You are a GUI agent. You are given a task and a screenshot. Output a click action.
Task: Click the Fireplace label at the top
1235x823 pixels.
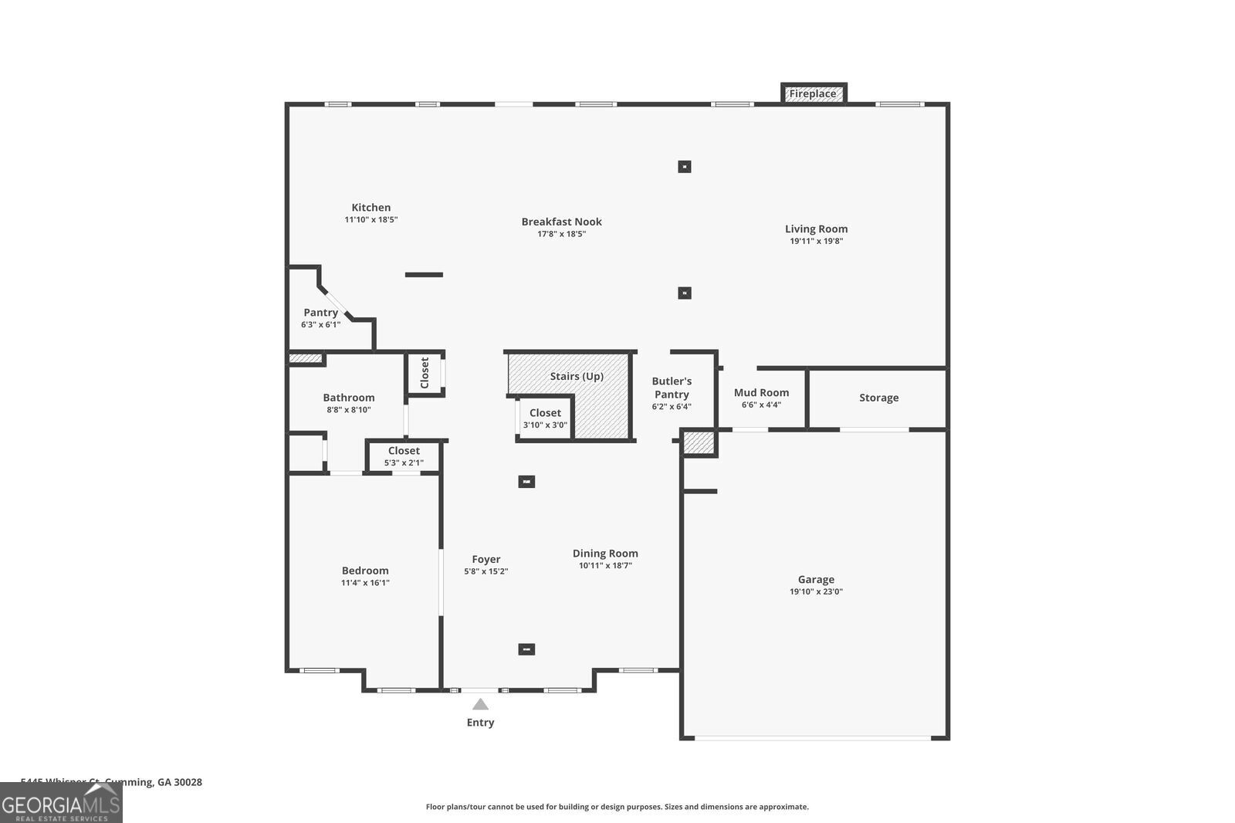click(813, 94)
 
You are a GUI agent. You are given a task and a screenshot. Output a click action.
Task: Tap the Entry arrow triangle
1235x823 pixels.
click(480, 704)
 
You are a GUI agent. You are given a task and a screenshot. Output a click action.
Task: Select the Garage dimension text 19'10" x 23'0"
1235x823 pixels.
click(816, 592)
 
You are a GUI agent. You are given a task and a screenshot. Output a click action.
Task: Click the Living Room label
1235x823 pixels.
click(816, 229)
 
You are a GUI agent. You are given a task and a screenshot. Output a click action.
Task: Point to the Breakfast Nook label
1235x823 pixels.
click(561, 222)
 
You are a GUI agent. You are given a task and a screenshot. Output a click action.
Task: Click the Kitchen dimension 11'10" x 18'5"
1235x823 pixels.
click(370, 220)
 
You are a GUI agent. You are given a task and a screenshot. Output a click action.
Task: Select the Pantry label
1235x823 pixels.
click(320, 313)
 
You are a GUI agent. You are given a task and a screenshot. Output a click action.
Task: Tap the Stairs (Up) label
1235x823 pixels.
click(577, 377)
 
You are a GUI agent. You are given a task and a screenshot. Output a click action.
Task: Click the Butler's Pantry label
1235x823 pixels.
click(672, 388)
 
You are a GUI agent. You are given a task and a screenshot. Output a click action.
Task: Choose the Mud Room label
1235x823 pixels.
click(761, 393)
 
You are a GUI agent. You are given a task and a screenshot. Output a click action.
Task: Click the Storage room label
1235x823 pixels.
click(878, 398)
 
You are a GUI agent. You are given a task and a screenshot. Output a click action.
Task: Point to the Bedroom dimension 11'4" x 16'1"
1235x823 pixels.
click(365, 583)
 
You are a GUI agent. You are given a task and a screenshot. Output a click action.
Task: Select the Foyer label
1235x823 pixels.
click(486, 560)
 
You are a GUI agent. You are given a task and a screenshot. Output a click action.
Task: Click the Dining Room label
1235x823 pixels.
click(605, 554)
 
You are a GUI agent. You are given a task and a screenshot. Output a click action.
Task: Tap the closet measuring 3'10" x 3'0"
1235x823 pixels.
click(545, 418)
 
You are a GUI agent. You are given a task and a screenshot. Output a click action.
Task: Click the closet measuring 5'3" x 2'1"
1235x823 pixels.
click(404, 456)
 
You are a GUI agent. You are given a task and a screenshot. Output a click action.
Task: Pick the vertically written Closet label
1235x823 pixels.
click(425, 373)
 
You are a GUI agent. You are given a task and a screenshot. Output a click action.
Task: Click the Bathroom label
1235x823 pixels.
click(349, 398)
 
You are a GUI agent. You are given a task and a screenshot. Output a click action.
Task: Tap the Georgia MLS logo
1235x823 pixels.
click(61, 803)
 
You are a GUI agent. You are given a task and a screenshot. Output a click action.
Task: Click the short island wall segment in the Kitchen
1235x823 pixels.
click(424, 275)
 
